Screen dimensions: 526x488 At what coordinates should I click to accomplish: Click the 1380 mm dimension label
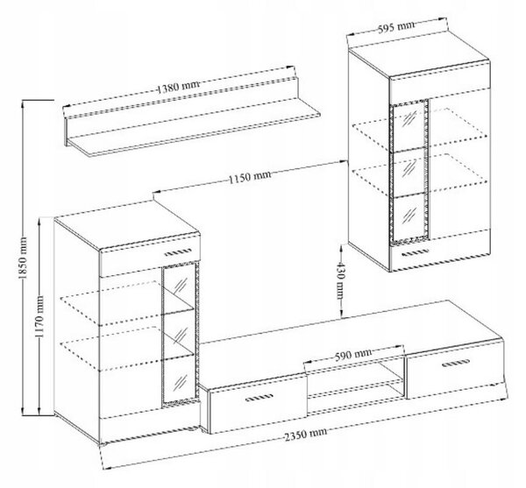(x=178, y=88)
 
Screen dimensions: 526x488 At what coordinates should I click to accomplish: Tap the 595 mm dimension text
(x=396, y=27)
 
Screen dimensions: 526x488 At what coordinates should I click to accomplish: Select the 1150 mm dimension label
(x=250, y=177)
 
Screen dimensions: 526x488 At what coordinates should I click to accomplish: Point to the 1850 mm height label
(x=23, y=258)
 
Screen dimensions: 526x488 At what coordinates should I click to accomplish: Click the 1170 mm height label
(x=39, y=317)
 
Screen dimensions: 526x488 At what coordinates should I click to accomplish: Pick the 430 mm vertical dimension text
(x=340, y=279)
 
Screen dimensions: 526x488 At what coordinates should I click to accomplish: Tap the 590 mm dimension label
(x=353, y=355)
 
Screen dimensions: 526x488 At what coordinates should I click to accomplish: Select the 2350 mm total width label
(x=305, y=434)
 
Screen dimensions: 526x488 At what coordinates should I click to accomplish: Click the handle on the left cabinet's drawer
(x=178, y=251)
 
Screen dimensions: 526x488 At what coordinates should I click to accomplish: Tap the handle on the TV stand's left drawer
(x=259, y=398)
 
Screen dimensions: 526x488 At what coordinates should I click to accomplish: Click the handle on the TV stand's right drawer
(x=456, y=363)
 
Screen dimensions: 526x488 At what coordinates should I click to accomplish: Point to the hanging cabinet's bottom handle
(x=415, y=252)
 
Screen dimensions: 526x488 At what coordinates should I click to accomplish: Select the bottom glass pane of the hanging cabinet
(x=409, y=217)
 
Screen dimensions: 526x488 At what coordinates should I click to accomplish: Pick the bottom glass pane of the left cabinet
(x=179, y=381)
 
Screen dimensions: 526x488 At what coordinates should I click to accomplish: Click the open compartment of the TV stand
(x=356, y=379)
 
